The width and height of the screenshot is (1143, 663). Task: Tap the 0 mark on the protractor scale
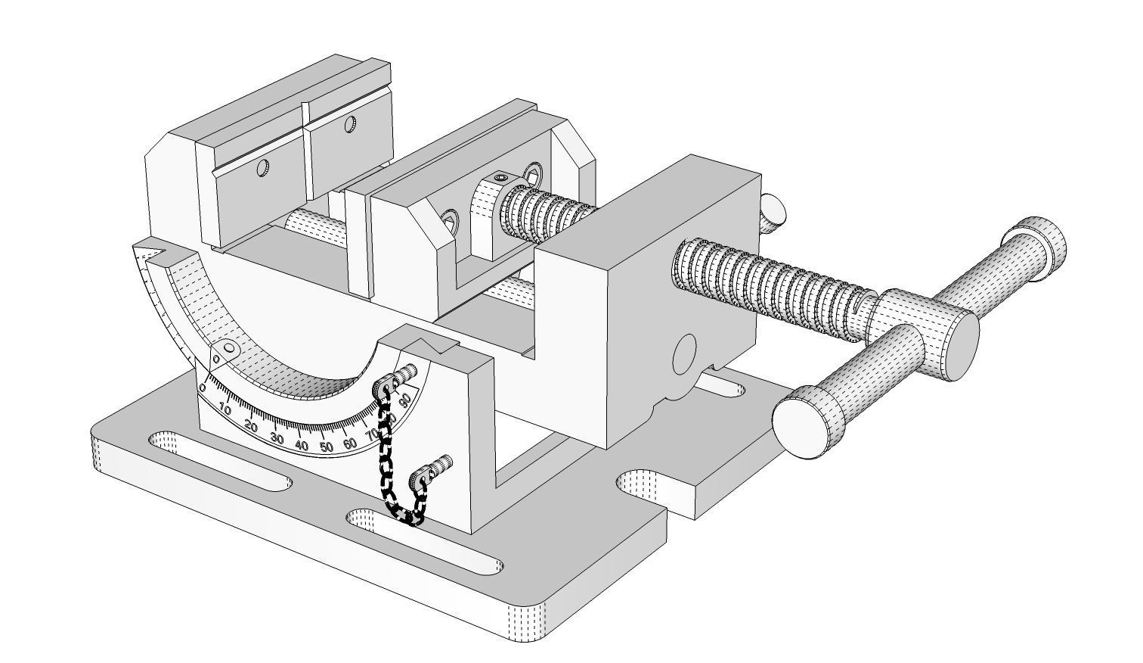click(203, 388)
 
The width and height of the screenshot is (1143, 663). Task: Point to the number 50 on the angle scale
click(326, 447)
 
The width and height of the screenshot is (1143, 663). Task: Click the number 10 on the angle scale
click(225, 409)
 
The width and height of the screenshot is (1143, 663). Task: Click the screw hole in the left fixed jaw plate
click(262, 168)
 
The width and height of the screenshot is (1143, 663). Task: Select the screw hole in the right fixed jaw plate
click(350, 124)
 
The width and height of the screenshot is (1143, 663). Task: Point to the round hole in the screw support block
click(683, 353)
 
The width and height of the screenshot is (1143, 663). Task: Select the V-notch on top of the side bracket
click(437, 346)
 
